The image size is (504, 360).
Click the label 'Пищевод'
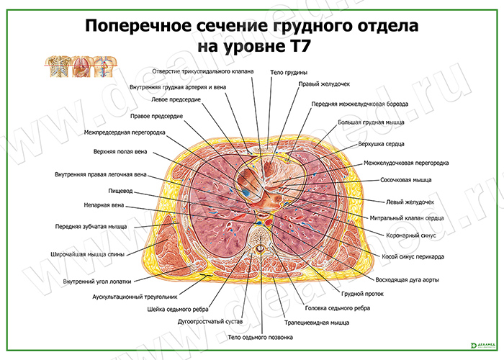pos(120,191)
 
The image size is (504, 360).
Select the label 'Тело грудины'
pos(289,72)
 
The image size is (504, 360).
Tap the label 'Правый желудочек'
pos(324,84)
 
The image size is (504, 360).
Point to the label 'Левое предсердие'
pos(176,99)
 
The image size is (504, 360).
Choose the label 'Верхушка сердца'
pos(381,144)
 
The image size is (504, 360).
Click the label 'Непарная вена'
pos(104,205)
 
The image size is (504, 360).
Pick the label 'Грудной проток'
pos(362,294)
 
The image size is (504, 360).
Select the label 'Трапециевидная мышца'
pos(317,323)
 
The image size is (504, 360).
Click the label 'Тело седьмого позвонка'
pos(261,338)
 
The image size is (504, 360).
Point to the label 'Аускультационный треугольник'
pos(135,297)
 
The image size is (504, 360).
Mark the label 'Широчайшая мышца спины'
pos(87,255)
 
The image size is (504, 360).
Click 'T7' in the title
pos(298,46)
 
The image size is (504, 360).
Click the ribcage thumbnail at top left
pos(58,66)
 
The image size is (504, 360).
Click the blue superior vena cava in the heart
pos(246,193)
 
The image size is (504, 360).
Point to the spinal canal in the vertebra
pos(260,248)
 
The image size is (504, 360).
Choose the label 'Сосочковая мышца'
pos(406,180)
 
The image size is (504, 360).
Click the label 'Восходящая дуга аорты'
pos(407,280)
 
